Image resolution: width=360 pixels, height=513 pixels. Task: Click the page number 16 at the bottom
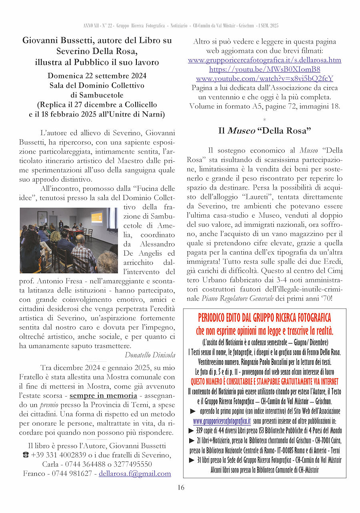click(x=181, y=487)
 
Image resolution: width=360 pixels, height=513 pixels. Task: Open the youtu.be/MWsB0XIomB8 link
click(x=264, y=69)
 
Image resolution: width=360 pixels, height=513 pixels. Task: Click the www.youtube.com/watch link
click(x=264, y=78)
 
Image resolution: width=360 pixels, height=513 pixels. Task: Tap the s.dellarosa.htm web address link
click(x=264, y=60)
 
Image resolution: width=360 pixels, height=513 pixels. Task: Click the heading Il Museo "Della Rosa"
click(x=264, y=131)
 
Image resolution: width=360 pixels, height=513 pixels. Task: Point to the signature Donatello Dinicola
click(x=150, y=355)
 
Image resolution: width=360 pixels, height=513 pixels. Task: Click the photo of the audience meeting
click(x=68, y=240)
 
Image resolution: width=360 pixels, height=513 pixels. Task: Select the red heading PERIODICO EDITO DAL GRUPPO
click(x=264, y=318)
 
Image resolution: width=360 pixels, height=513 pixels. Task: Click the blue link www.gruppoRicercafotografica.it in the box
click(x=222, y=421)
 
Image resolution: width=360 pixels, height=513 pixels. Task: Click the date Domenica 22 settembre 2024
click(x=97, y=76)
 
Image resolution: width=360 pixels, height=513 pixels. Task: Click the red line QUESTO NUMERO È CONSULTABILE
click(x=264, y=381)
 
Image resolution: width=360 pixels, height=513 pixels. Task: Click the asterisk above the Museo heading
click(x=264, y=120)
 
